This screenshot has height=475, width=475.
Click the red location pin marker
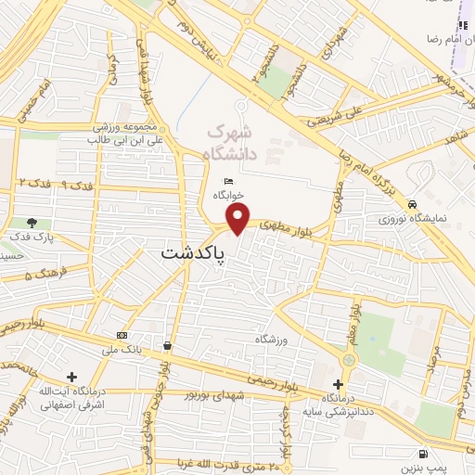pyautogui.click(x=238, y=220)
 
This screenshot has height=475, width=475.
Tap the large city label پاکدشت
pyautogui.click(x=194, y=252)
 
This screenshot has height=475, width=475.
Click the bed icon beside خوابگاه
pyautogui.click(x=228, y=181)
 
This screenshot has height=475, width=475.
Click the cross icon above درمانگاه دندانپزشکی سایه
pyautogui.click(x=338, y=384)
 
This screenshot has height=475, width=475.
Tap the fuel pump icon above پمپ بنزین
pyautogui.click(x=423, y=455)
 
